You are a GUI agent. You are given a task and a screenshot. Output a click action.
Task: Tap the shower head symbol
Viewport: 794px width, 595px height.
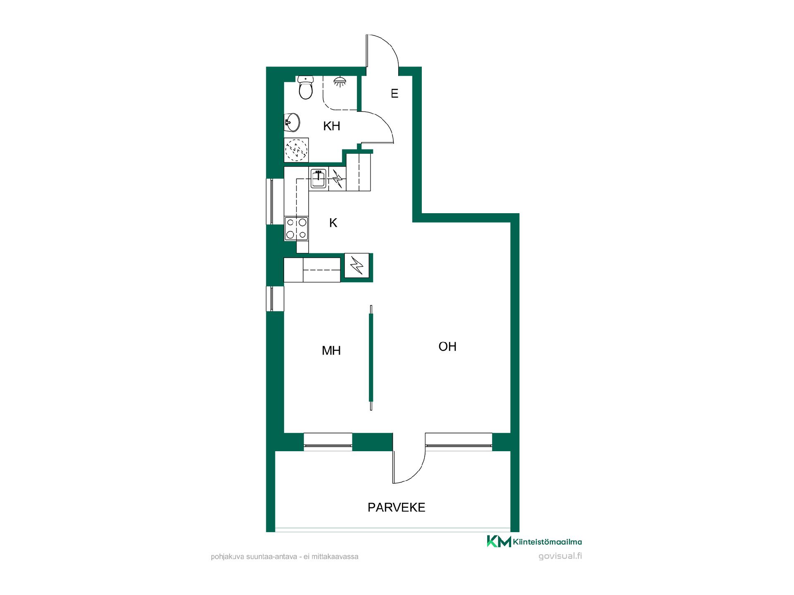point(340,81)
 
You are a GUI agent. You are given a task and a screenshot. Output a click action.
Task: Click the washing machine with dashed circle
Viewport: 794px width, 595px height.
point(297,150)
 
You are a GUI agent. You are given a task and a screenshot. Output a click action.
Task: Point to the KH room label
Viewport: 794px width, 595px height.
point(332,126)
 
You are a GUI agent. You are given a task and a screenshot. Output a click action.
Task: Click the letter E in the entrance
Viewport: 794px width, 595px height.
point(395,93)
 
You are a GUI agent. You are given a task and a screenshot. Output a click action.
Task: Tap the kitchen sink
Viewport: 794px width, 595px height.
point(318,178)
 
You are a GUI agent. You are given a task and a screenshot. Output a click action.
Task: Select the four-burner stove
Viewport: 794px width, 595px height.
point(297,228)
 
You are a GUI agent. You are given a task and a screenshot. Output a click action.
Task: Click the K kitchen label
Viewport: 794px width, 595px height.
point(333,223)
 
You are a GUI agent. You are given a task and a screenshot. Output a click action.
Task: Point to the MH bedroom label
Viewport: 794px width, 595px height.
point(331,351)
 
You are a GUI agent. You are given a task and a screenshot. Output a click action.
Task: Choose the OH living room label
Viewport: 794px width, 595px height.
point(447,347)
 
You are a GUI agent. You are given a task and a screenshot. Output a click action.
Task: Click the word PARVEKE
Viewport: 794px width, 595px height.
point(397,507)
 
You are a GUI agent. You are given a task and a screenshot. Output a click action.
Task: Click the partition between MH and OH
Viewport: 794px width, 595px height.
point(371,358)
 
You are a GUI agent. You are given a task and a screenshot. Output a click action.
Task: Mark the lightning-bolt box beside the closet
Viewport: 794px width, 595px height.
point(356,265)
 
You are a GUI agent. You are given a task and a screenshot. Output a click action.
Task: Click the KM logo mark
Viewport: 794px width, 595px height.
point(499,541)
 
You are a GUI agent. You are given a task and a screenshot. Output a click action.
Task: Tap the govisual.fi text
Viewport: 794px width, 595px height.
point(560,556)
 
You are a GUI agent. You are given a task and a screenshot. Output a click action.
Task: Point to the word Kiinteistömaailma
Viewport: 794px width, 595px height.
point(548,542)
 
